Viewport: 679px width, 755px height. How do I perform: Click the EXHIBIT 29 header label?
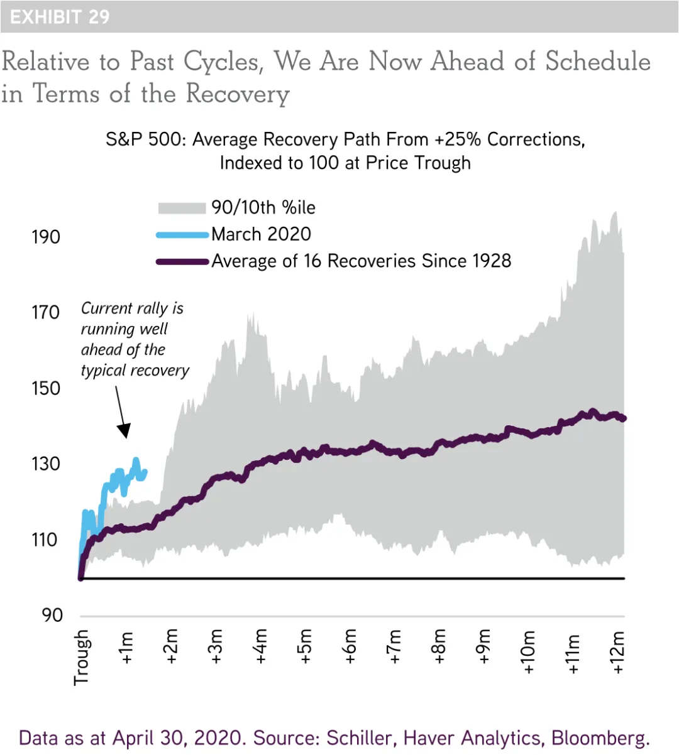pos(60,17)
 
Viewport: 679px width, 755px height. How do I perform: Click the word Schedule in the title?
pos(597,62)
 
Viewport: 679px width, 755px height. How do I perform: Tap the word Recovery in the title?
pos(238,94)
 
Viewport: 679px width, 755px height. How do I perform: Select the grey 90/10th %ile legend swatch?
pos(182,208)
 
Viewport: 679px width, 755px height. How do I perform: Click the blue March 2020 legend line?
pos(182,235)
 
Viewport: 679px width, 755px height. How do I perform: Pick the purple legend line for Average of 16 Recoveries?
pos(182,261)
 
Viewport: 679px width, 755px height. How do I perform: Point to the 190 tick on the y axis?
pos(46,237)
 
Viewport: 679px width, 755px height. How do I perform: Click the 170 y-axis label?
pos(46,312)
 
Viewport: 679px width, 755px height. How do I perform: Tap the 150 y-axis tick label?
pos(46,388)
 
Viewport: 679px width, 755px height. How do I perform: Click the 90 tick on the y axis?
pos(52,615)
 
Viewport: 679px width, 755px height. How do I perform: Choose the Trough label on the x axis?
pos(82,657)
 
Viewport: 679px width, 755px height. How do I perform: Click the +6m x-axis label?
pos(350,647)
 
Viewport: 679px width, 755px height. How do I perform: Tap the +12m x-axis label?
pos(619,652)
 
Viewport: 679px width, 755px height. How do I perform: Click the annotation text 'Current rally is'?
pos(132,308)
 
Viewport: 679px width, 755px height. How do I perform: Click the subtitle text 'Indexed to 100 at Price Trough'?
pos(345,163)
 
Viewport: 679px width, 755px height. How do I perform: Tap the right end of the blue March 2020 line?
pos(145,471)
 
